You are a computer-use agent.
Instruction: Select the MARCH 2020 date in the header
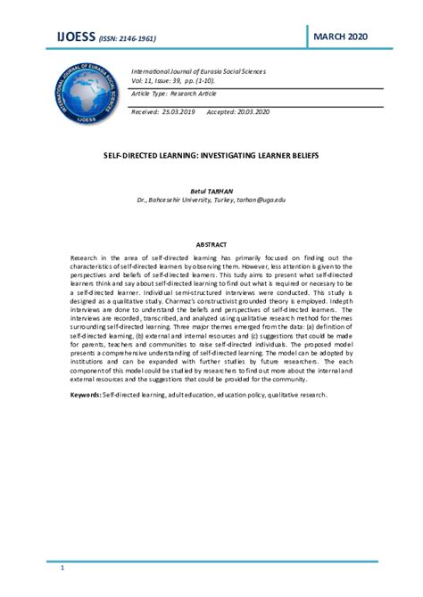coord(341,35)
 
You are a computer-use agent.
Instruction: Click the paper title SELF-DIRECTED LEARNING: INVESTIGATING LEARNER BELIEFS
coord(211,154)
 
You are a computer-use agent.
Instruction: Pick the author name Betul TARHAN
coord(211,192)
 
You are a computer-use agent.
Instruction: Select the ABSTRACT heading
coord(211,242)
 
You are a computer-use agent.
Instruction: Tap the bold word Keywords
coord(87,394)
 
